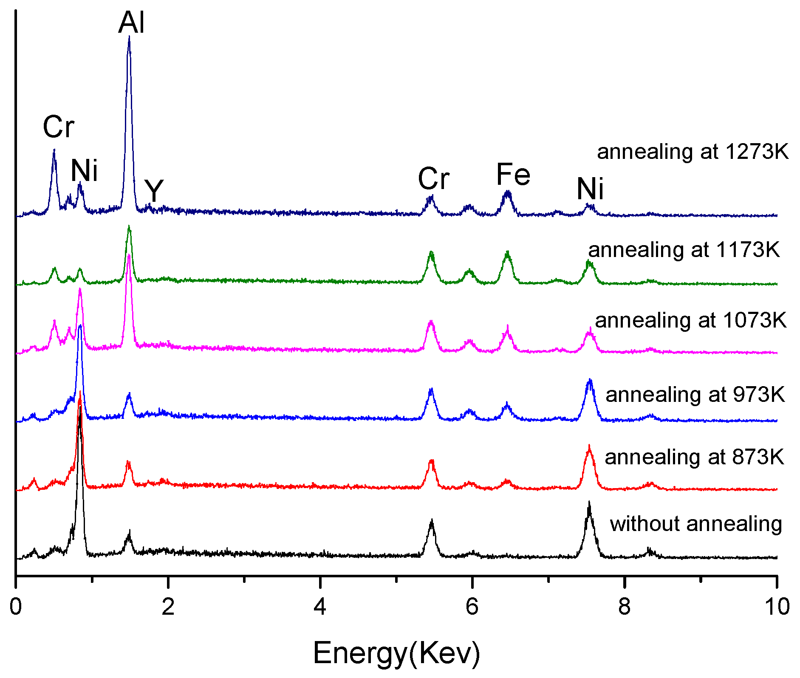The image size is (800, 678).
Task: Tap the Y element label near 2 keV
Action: [154, 191]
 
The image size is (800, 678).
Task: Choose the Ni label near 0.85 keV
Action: [84, 171]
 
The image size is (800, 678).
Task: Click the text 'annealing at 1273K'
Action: [693, 152]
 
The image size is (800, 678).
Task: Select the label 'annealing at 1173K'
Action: [684, 250]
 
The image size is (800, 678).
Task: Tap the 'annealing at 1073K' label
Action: [690, 320]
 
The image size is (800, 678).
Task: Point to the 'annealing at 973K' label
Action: [695, 395]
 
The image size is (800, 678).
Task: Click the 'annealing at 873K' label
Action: [694, 458]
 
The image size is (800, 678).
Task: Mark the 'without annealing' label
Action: [695, 524]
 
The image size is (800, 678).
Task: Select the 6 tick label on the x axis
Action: [472, 607]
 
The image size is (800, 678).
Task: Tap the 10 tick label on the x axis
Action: [777, 607]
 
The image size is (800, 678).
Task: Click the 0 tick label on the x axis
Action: [16, 607]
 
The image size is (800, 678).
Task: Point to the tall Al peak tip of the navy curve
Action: [129, 37]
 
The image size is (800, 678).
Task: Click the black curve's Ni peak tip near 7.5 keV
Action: [589, 503]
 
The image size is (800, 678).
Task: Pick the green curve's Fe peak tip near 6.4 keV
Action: [507, 252]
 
